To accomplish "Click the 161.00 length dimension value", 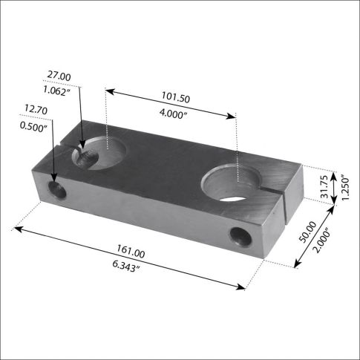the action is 131,251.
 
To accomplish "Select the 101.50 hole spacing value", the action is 176,97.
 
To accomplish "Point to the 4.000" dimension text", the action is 173,114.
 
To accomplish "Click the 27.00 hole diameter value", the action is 59,76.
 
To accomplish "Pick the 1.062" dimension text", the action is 57,91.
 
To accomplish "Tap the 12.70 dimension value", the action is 36,109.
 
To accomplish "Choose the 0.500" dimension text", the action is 33,126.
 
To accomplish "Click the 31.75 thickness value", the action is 324,187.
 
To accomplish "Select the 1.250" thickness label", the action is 345,188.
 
